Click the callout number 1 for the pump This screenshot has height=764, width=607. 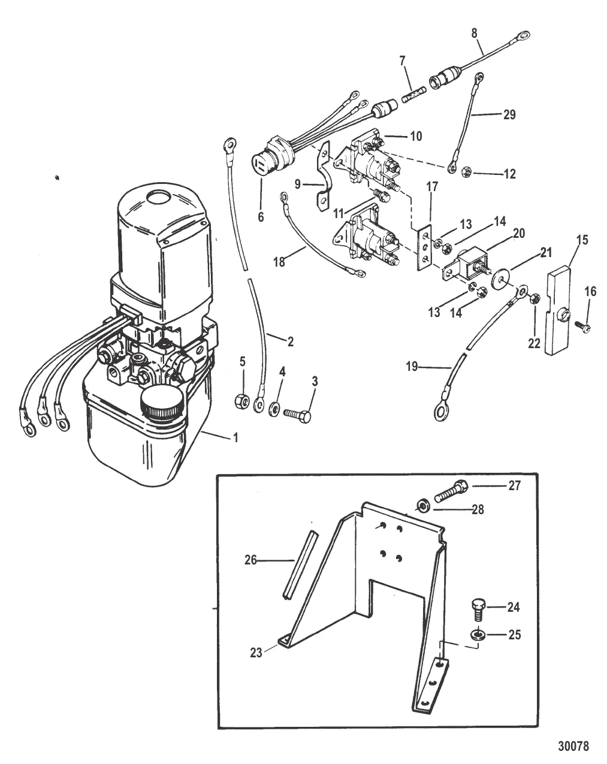235,438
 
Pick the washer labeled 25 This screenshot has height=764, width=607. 478,635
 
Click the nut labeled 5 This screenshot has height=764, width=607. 242,400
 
